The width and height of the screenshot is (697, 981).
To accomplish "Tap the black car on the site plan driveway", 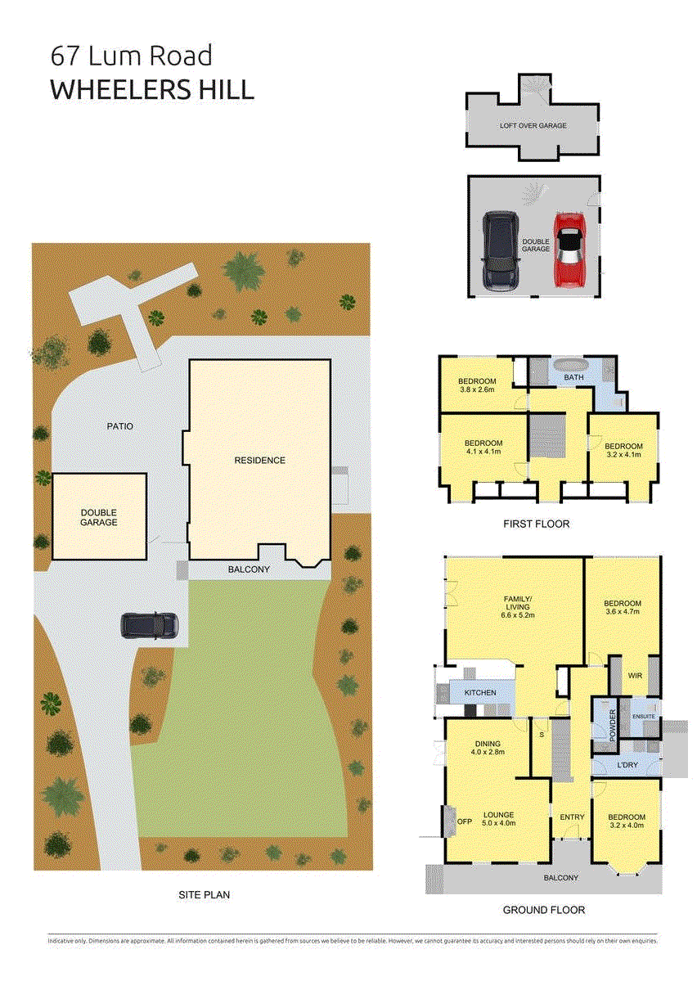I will coord(150,626).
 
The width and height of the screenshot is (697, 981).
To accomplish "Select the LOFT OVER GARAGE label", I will coord(533,126).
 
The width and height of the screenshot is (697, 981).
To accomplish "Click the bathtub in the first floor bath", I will coord(573,366).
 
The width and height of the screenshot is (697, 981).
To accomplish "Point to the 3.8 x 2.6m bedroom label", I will coord(477,385).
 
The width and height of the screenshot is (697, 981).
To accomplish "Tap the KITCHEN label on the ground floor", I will coord(480,693).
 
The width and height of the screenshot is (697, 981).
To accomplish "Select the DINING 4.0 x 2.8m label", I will coord(489,747).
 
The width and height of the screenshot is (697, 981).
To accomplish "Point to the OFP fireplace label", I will coord(465,821).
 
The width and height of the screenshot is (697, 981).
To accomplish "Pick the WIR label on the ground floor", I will coord(635,676).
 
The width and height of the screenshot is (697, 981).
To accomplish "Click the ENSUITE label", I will coord(643,717).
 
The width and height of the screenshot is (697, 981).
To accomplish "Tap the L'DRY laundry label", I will coord(627,765).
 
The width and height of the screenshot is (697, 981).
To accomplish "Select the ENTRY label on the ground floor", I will coord(572,817).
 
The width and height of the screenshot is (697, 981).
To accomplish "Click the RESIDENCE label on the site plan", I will coord(260,461).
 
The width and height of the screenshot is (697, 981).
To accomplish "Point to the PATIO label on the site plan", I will coord(119,426).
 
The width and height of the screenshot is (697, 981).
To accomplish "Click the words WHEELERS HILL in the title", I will coord(152,89).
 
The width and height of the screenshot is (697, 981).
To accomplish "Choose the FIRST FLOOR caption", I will coord(537,524).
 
